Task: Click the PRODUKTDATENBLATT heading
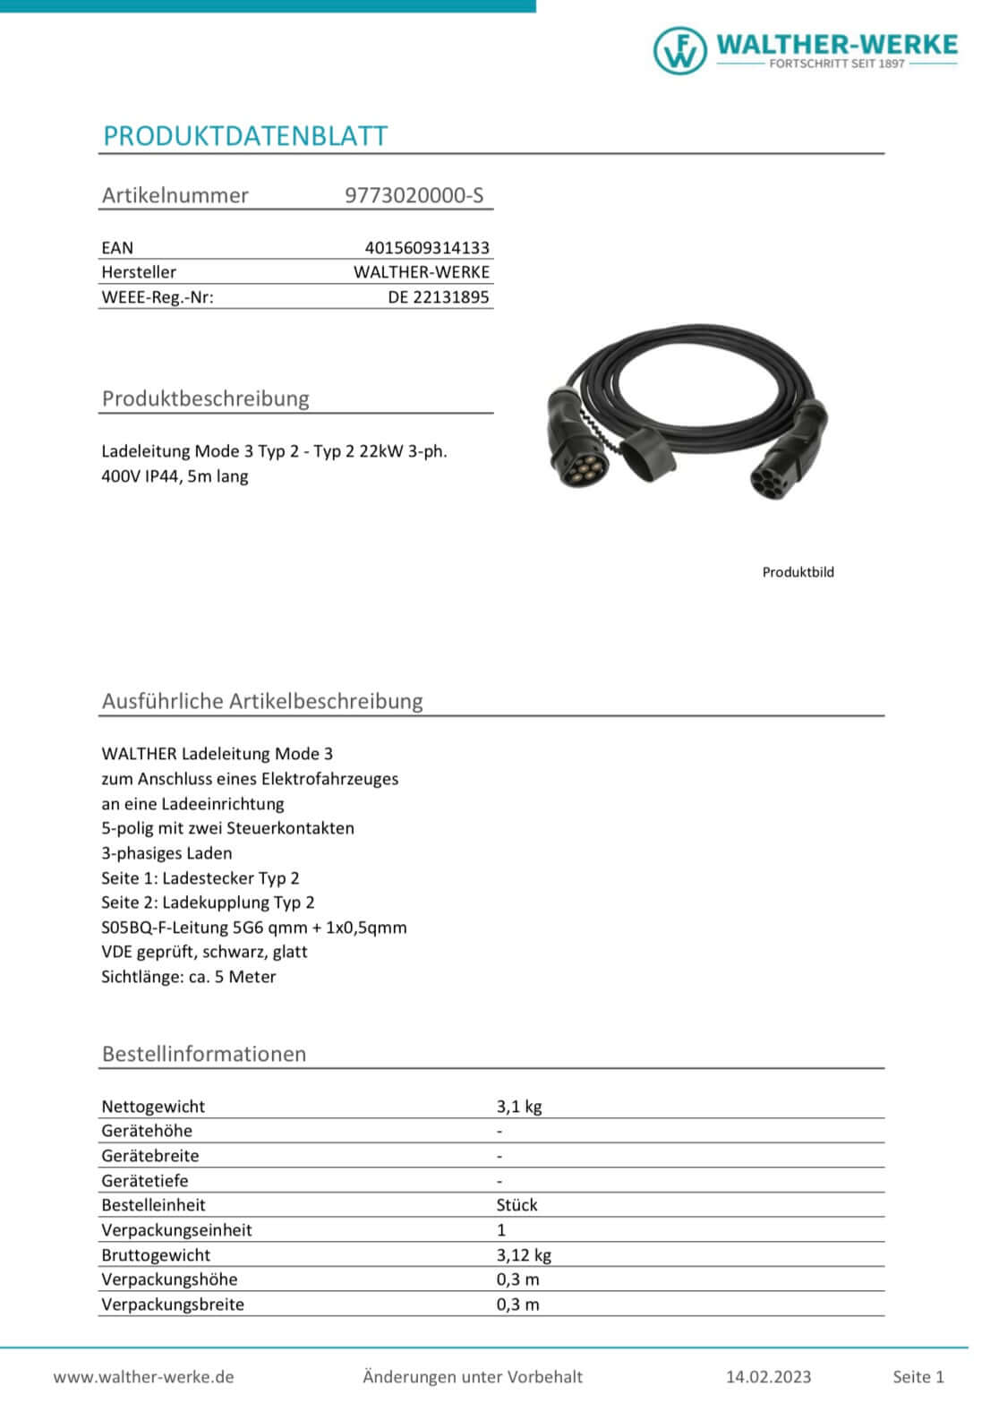pyautogui.click(x=245, y=136)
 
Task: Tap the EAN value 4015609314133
pyautogui.click(x=427, y=248)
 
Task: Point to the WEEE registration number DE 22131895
pyautogui.click(x=439, y=297)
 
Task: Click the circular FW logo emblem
pyautogui.click(x=679, y=49)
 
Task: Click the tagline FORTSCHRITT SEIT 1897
pyautogui.click(x=837, y=64)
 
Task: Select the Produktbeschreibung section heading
pyautogui.click(x=205, y=398)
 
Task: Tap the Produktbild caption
pyautogui.click(x=798, y=572)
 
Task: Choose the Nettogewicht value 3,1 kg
pyautogui.click(x=519, y=1107)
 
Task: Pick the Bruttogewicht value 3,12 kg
pyautogui.click(x=524, y=1255)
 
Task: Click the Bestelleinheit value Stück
pyautogui.click(x=517, y=1205)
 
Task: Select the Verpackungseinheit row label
pyautogui.click(x=176, y=1230)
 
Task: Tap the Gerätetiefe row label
pyautogui.click(x=145, y=1181)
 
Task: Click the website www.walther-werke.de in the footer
pyautogui.click(x=143, y=1377)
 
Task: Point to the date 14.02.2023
pyautogui.click(x=768, y=1377)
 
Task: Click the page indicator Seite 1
pyautogui.click(x=918, y=1377)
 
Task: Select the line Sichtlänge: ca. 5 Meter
pyautogui.click(x=189, y=977)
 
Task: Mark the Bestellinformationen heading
pyautogui.click(x=204, y=1054)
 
